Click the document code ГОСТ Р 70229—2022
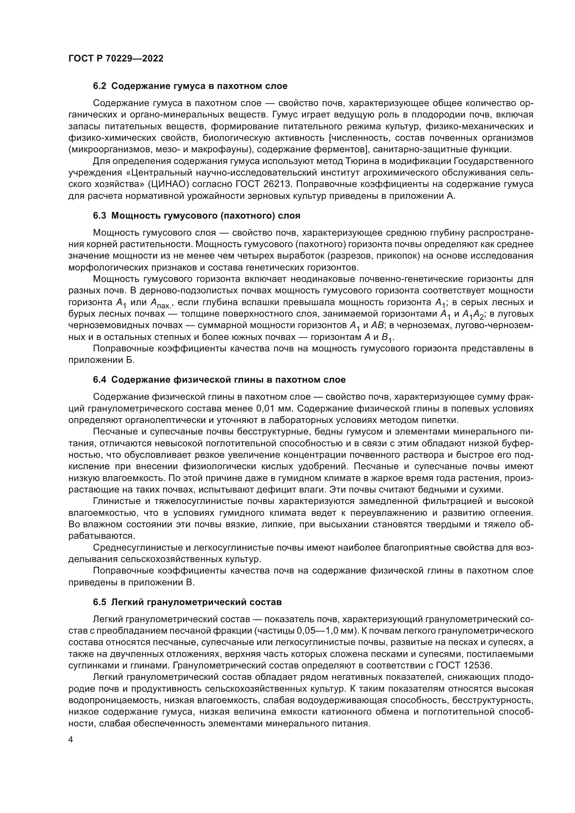[116, 59]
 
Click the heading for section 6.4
[219, 380]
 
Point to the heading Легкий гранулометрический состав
[196, 602]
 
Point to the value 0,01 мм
[274, 409]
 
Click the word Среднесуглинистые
[137, 548]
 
